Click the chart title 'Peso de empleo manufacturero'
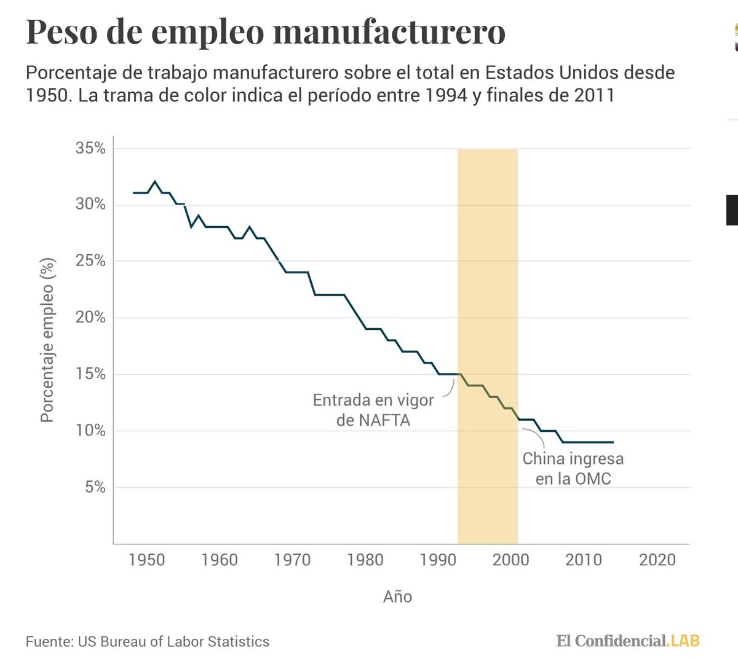coord(266,32)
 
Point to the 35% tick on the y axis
coord(90,148)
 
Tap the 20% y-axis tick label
coord(90,318)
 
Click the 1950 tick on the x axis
coord(146,560)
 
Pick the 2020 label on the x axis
coord(657,560)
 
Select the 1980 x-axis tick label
coord(365,560)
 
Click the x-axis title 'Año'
coord(397,596)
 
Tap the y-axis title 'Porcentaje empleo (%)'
coord(47,340)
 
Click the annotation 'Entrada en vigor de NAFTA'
coord(373,410)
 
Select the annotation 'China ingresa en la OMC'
coord(573,469)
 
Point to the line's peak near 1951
coord(154,182)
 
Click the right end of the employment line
coord(613,442)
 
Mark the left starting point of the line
coord(133,193)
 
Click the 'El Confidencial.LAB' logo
coord(628,641)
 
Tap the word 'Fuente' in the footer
coord(47,641)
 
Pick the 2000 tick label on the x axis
coord(510,560)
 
